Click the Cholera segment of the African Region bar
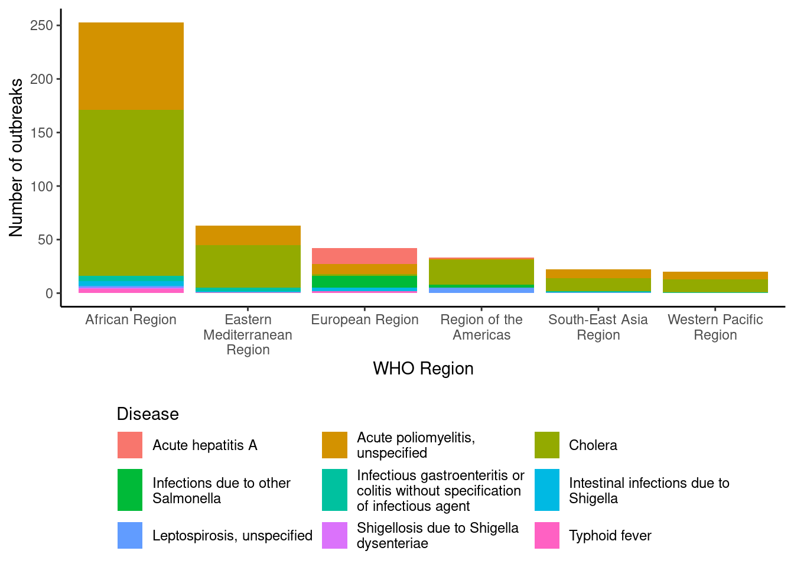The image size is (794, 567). pos(131,192)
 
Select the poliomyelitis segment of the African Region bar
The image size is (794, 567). pos(131,66)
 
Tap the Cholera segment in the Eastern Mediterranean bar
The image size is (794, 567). pos(248,266)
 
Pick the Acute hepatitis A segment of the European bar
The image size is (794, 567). pos(365,256)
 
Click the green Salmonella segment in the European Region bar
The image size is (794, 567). pos(365,282)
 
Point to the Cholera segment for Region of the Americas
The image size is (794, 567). pos(481,272)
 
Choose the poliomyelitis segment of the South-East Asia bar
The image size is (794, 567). pos(598,274)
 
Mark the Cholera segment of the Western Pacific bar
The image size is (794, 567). pos(715,286)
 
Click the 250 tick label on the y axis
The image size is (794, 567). pos(41,25)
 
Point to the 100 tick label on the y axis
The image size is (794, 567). pos(41,186)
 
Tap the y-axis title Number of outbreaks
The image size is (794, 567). pos(16,158)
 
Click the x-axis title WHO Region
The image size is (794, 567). pos(423,369)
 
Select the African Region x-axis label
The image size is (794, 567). pos(131,320)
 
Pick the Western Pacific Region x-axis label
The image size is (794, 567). pos(715,327)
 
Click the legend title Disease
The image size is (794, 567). pos(148,414)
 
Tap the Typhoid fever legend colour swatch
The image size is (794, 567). pos(547,536)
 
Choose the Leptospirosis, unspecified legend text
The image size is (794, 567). pos(232,536)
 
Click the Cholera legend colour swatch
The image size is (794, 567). pos(547,445)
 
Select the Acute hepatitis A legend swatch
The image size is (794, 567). pos(130,445)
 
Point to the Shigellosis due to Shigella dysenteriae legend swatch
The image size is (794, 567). pos(334,536)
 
